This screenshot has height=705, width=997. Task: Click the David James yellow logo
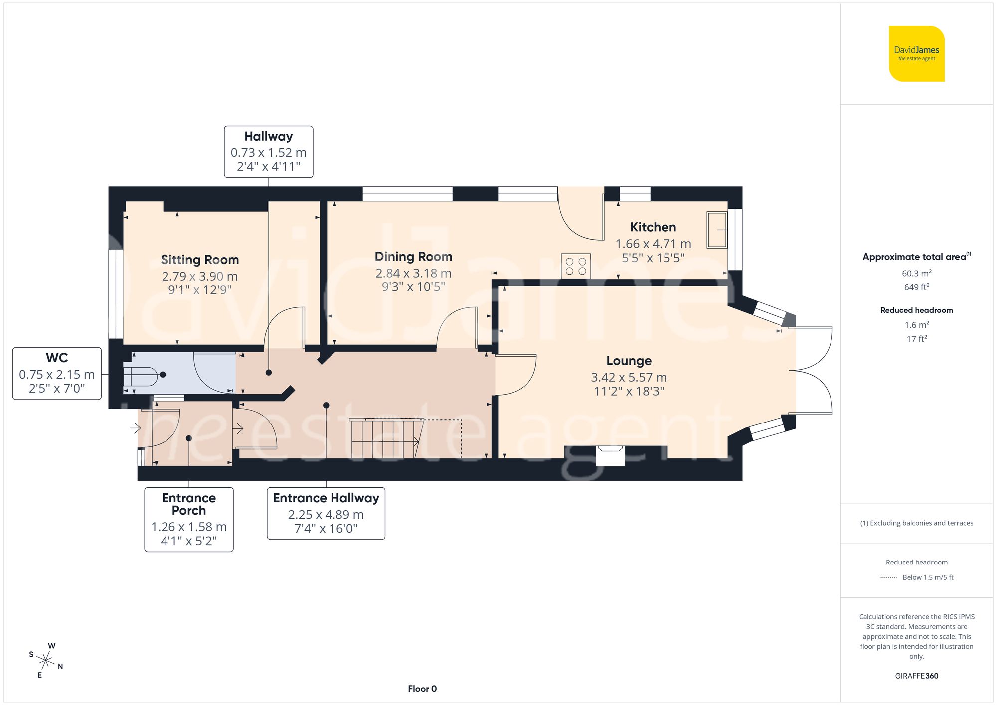click(x=916, y=54)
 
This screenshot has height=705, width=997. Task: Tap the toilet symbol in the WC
click(x=142, y=377)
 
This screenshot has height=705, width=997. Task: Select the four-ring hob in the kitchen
click(x=576, y=266)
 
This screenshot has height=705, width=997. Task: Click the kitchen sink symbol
click(x=717, y=230)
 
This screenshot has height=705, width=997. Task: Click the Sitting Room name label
click(x=199, y=260)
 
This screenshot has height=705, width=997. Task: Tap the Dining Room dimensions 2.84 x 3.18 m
click(x=413, y=273)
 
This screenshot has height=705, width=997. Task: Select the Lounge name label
click(x=629, y=361)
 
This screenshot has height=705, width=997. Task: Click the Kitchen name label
click(x=653, y=227)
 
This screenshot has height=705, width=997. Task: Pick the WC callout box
click(x=57, y=374)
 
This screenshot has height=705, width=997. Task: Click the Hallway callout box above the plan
click(x=268, y=151)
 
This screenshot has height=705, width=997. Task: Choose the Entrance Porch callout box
click(x=189, y=519)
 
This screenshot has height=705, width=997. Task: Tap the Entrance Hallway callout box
click(x=326, y=513)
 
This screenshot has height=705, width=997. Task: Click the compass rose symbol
click(x=46, y=661)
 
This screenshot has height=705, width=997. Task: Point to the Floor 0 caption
click(x=422, y=689)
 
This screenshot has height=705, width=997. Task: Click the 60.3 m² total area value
click(x=916, y=273)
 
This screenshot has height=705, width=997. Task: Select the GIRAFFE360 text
click(x=916, y=676)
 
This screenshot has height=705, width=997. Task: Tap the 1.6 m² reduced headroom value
click(x=916, y=325)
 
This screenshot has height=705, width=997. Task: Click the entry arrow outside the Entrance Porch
click(x=135, y=427)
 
